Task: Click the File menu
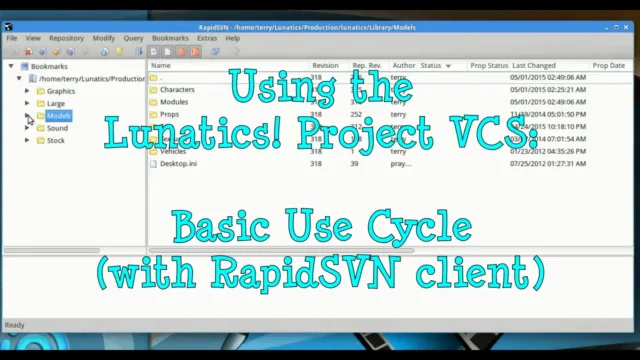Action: pyautogui.click(x=12, y=38)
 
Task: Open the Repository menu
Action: pyautogui.click(x=66, y=38)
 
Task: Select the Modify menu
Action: pyautogui.click(x=104, y=38)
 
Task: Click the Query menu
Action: pyautogui.click(x=133, y=38)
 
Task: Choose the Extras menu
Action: pyautogui.click(x=207, y=38)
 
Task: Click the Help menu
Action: pyautogui.click(x=233, y=38)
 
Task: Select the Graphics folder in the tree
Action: pyautogui.click(x=60, y=91)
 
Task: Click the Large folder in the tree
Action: pyautogui.click(x=55, y=103)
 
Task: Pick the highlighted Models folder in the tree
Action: pyautogui.click(x=58, y=116)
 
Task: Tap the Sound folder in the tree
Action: pyautogui.click(x=57, y=128)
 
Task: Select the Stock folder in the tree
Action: pyautogui.click(x=55, y=140)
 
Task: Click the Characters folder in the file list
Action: pyautogui.click(x=177, y=90)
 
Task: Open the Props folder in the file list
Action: pyautogui.click(x=169, y=114)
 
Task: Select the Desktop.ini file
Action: pyautogui.click(x=178, y=163)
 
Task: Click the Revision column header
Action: pyautogui.click(x=325, y=66)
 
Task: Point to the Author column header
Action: pyautogui.click(x=403, y=66)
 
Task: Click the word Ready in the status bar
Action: pyautogui.click(x=15, y=325)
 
